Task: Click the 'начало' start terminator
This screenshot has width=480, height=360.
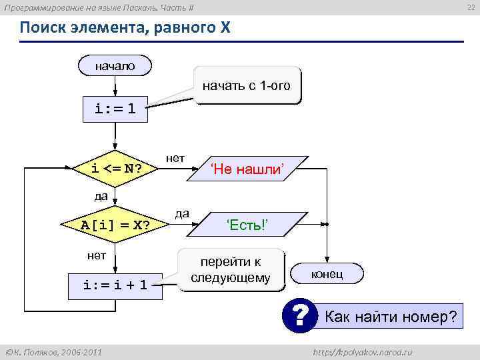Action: point(115,65)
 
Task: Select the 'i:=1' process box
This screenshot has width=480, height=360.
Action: point(115,109)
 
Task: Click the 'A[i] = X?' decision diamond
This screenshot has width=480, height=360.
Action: point(115,224)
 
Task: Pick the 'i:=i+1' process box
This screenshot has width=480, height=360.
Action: point(115,285)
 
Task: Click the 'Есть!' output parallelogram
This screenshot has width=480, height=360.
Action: point(247,224)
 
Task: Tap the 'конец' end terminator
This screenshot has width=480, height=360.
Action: point(327,274)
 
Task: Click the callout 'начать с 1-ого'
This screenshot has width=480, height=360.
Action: point(247,86)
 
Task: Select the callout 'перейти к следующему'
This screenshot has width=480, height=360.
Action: point(231,270)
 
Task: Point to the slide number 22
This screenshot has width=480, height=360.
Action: point(470,7)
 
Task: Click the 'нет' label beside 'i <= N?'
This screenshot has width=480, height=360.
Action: point(175,158)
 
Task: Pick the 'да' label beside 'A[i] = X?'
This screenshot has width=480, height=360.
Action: point(181,213)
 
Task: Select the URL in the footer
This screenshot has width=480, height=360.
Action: point(363,351)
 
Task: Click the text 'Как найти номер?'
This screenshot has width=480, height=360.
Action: point(391,317)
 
